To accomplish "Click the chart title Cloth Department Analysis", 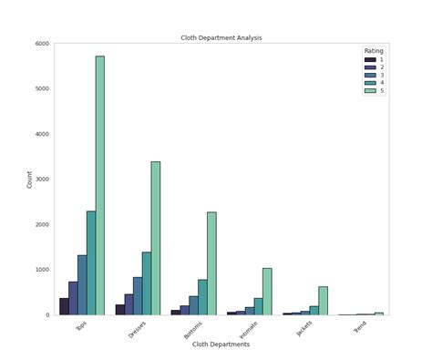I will (221, 37).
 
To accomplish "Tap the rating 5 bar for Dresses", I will (156, 238).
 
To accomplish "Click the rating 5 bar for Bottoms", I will (211, 263).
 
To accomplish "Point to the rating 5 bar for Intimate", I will (267, 292).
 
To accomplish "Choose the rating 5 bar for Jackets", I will (323, 301).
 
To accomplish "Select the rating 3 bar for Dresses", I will (138, 295).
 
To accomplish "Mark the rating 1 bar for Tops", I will (64, 306).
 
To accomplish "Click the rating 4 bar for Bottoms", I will (202, 297).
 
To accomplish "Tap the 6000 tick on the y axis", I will (43, 44).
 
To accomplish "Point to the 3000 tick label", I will (43, 180).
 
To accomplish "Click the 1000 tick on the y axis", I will (43, 270).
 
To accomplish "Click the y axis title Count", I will (29, 179).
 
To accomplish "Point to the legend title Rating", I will (374, 51).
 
